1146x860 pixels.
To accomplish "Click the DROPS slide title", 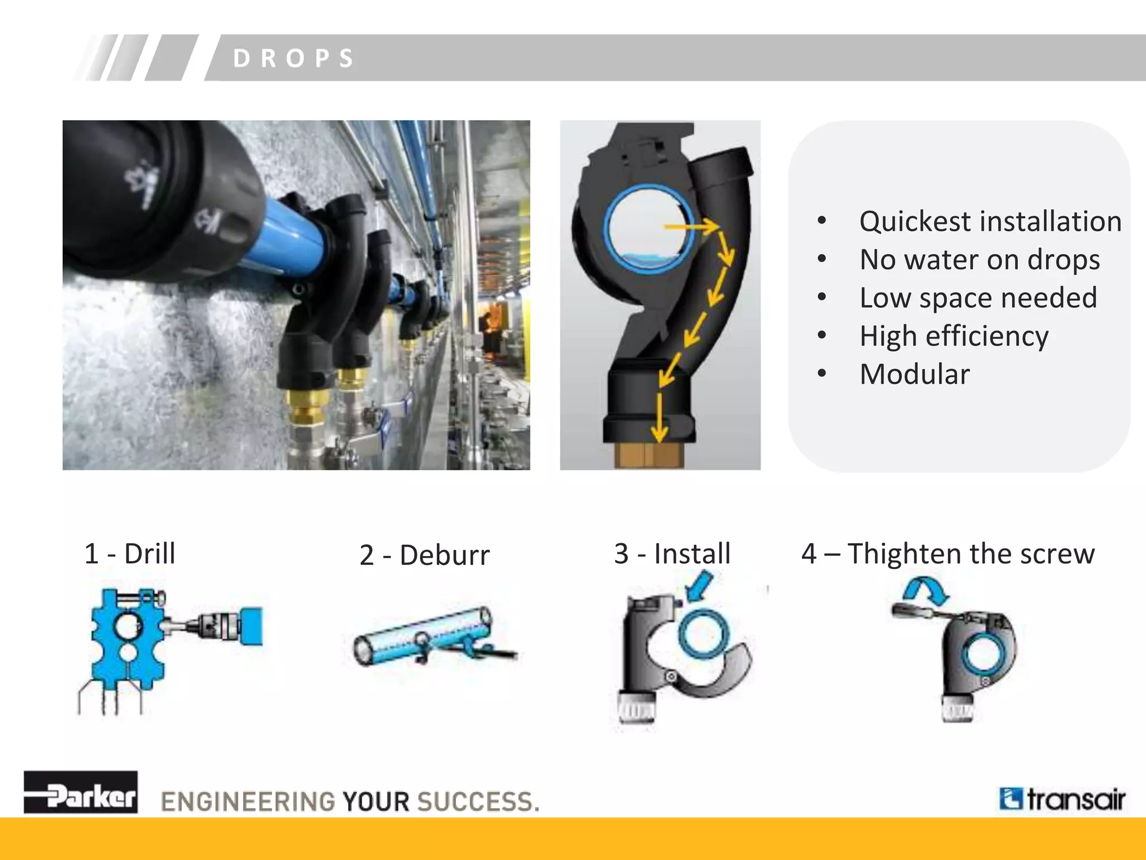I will pos(294,58).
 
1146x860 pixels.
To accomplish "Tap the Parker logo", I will pos(81,792).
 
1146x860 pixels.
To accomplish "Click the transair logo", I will pos(1062,799).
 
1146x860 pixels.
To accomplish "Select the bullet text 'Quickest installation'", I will pos(990,221).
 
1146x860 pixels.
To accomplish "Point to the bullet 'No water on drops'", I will pos(979,260).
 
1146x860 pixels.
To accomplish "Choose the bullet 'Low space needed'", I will pos(978,298).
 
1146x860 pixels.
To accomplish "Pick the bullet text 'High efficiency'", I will pos(954,336).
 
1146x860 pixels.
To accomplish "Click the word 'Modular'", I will pos(914,374).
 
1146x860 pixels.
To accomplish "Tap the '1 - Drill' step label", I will pos(130,554).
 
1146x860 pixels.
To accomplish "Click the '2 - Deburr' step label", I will pos(424,555).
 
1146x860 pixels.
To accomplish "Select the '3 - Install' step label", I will pos(672,554).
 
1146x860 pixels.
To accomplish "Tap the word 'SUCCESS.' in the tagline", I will pos(478,801).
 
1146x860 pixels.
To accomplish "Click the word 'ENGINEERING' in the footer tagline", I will pos(248,801).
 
